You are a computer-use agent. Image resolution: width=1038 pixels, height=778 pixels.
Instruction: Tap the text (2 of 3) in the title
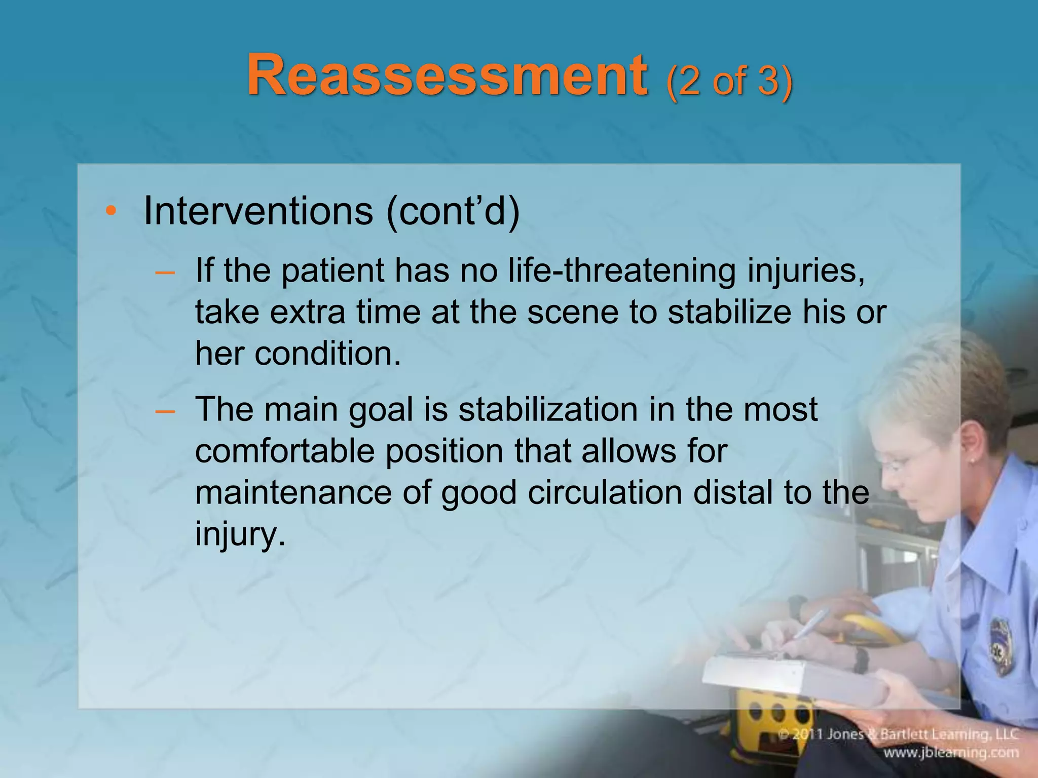[729, 81]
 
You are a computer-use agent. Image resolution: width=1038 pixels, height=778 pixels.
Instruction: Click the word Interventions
[258, 211]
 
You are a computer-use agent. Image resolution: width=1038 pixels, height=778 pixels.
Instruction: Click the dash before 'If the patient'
[165, 273]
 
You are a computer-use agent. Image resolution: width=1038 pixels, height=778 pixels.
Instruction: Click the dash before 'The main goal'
[165, 411]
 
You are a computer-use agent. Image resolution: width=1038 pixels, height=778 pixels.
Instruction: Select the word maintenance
[293, 492]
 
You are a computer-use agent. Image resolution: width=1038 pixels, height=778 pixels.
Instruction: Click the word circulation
[605, 492]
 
